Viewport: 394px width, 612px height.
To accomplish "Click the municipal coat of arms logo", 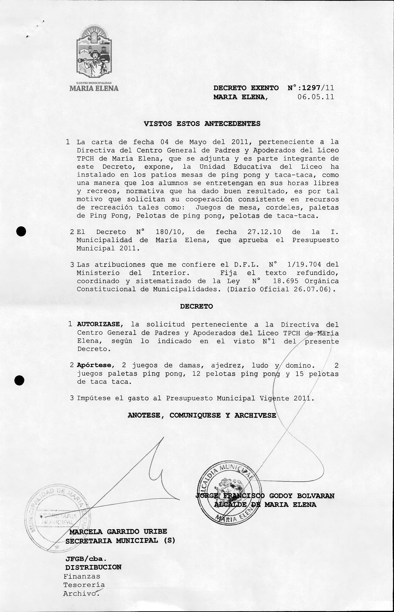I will click(x=94, y=53).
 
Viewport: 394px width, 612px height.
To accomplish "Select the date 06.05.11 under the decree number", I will click(x=316, y=97).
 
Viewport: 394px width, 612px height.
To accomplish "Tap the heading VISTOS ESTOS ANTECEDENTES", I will click(x=202, y=124).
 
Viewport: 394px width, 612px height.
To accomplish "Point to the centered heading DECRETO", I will click(x=196, y=307).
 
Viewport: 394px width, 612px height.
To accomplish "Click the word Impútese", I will click(x=93, y=398).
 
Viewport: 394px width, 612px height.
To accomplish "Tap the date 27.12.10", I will click(x=264, y=232).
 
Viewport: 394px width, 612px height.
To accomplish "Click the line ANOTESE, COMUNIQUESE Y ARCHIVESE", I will click(x=202, y=415).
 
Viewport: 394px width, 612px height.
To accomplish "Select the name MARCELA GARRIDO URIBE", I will click(x=118, y=532).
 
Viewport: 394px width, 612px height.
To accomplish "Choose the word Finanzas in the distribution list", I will click(x=82, y=576).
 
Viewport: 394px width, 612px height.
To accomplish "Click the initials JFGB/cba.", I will click(x=86, y=558).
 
